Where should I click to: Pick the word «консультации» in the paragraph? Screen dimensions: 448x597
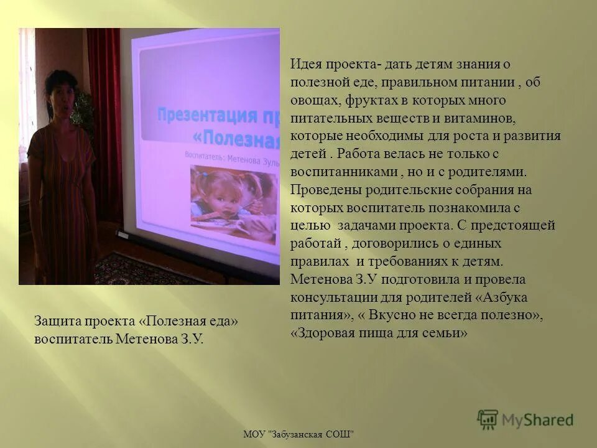click(326, 297)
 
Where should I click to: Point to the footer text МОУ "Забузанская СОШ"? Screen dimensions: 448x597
click(298, 433)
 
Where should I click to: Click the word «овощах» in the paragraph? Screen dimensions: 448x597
click(310, 100)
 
